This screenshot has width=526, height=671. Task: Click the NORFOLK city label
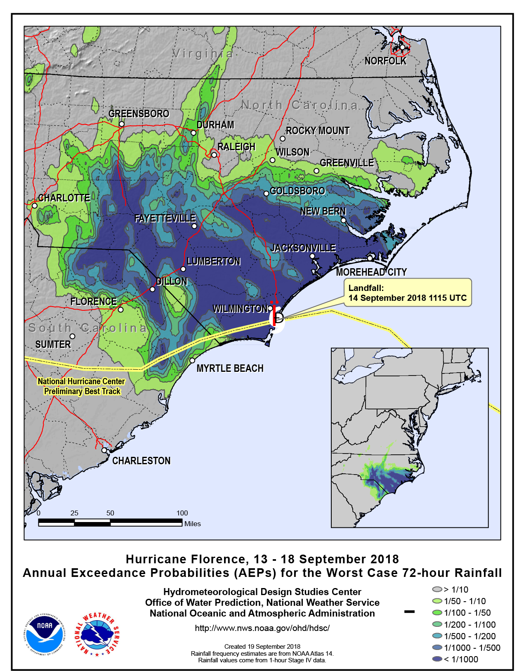[385, 61]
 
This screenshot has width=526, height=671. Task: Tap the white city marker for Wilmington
[271, 308]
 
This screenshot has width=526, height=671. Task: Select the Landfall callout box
[408, 293]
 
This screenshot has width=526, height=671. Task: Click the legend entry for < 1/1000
[455, 659]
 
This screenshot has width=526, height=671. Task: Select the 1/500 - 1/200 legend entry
[464, 636]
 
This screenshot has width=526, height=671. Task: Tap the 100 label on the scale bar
[182, 513]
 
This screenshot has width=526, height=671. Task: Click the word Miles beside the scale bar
[192, 524]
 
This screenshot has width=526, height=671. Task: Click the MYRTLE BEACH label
[230, 368]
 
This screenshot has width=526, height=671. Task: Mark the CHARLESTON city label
[141, 461]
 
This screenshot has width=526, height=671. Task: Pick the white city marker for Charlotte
[35, 206]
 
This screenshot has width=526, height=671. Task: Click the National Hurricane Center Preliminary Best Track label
[81, 386]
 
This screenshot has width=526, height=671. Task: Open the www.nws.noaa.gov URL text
[262, 628]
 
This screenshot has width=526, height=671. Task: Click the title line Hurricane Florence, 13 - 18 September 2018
[262, 559]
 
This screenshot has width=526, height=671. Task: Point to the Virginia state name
[203, 54]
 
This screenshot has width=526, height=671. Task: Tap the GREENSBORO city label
[139, 113]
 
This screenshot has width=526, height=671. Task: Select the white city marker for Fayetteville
[194, 226]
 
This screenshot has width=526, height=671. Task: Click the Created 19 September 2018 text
[262, 646]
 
